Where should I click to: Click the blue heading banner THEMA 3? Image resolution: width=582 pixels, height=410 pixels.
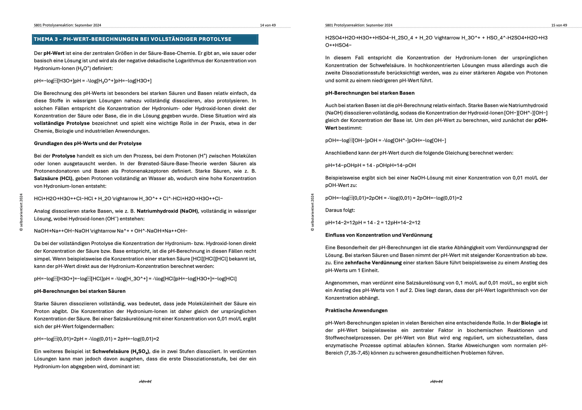pos(145,39)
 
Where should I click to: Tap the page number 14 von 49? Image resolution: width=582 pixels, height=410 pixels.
pos(268,25)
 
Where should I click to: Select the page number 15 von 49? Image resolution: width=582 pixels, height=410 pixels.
pos(559,25)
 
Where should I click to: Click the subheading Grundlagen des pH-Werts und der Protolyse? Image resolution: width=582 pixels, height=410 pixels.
pos(88,143)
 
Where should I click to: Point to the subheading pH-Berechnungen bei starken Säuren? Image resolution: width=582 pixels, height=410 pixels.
pos(80,291)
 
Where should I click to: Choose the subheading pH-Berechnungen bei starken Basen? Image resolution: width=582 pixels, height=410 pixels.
pos(370,93)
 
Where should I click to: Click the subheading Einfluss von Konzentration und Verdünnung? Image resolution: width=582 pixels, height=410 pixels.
pos(379,235)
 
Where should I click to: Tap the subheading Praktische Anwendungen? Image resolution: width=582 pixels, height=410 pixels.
pos(356,310)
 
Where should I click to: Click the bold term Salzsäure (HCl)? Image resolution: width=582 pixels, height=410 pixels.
pos(53,178)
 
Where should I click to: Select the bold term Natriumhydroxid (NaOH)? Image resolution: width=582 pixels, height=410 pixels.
pos(167,211)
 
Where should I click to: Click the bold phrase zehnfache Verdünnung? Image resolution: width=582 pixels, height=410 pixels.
pos(373,263)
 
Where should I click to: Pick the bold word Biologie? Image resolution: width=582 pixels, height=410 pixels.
pos(530,323)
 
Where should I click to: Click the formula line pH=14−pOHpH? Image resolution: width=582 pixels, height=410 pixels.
pos(371,165)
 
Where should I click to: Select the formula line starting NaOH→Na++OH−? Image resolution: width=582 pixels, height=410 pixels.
pos(111,231)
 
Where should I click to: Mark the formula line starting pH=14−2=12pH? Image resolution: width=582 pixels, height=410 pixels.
pos(373,223)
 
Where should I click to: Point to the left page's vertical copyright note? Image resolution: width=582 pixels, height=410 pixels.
pos(21,212)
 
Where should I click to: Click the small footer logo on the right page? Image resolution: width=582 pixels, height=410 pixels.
pos(436,381)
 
